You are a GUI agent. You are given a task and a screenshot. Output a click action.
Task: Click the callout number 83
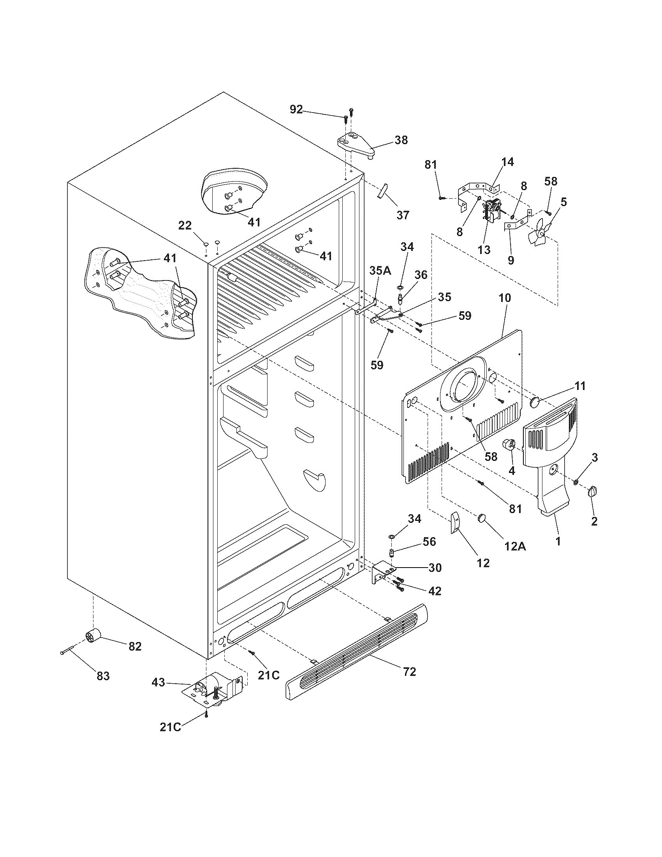[x=103, y=676]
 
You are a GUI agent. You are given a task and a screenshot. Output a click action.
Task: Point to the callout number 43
[x=158, y=682]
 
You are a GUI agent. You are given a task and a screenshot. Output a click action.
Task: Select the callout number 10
[x=505, y=298]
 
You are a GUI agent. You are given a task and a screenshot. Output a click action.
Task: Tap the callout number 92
[x=296, y=109]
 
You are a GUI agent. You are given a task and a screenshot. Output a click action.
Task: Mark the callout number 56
[x=429, y=541]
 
